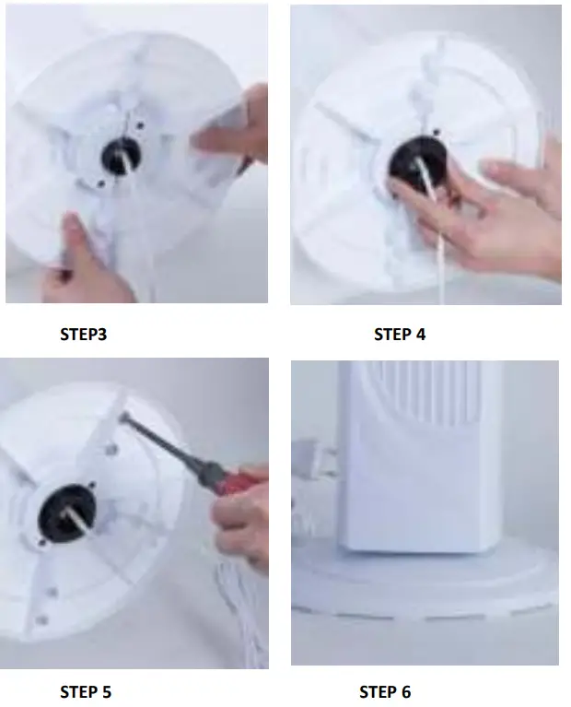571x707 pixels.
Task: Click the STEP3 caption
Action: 83,335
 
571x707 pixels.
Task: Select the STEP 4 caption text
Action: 400,335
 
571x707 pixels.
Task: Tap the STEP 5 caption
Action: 86,691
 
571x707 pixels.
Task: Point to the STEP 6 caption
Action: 385,691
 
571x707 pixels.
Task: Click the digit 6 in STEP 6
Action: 406,691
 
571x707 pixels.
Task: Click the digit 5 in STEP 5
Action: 107,691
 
